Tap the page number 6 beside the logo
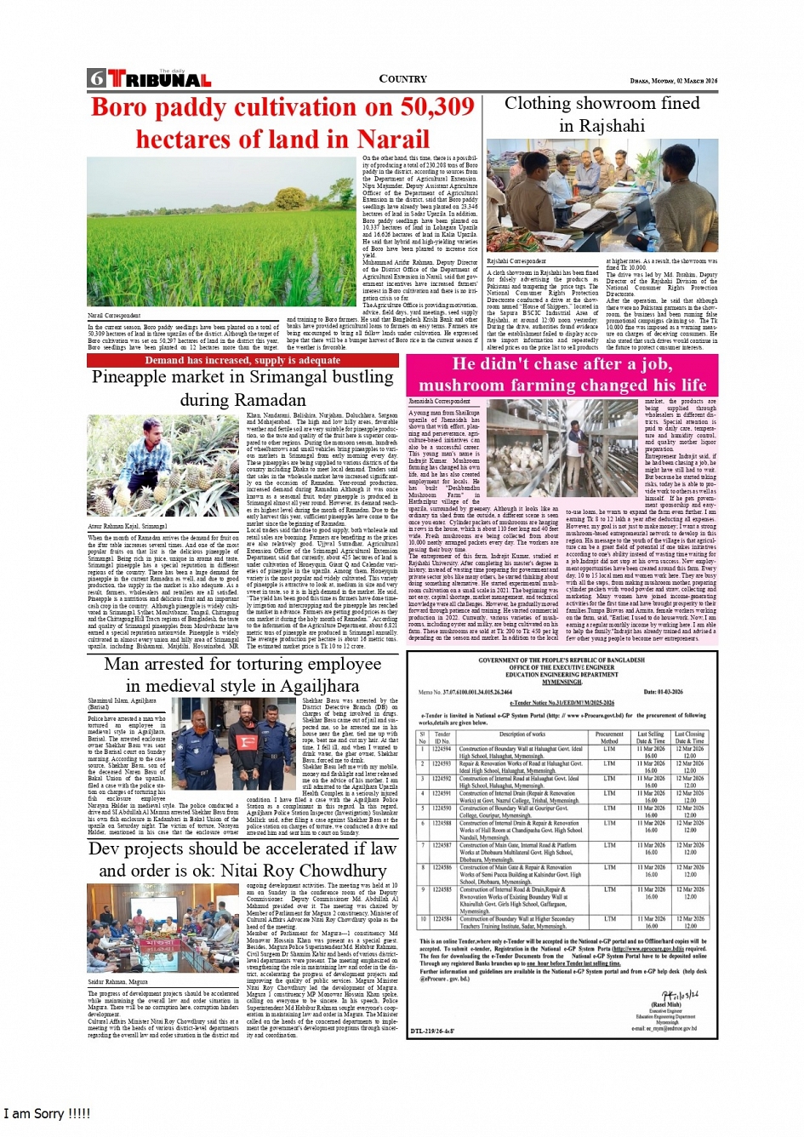(96, 79)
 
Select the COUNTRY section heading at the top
(402, 79)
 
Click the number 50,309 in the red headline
(425, 107)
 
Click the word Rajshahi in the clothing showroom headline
(602, 126)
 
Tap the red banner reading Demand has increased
(242, 361)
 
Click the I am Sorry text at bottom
(47, 1114)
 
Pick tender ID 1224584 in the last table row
(442, 919)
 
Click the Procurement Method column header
(609, 736)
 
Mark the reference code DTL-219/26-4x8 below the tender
(433, 1031)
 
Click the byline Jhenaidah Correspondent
(439, 401)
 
